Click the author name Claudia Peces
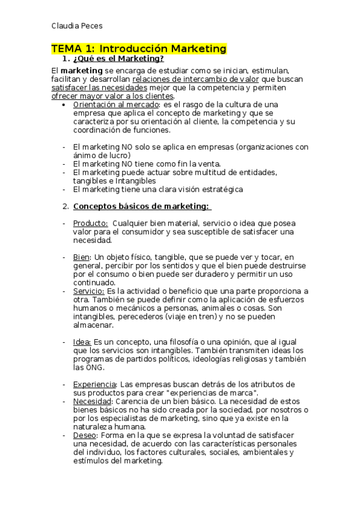[77, 26]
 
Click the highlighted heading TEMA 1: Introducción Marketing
[138, 49]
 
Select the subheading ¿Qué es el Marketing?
[118, 59]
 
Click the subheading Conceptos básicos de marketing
[142, 207]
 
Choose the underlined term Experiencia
[94, 384]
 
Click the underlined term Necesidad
[92, 401]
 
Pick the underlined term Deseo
[85, 435]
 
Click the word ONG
[95, 367]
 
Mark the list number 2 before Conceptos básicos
[66, 207]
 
